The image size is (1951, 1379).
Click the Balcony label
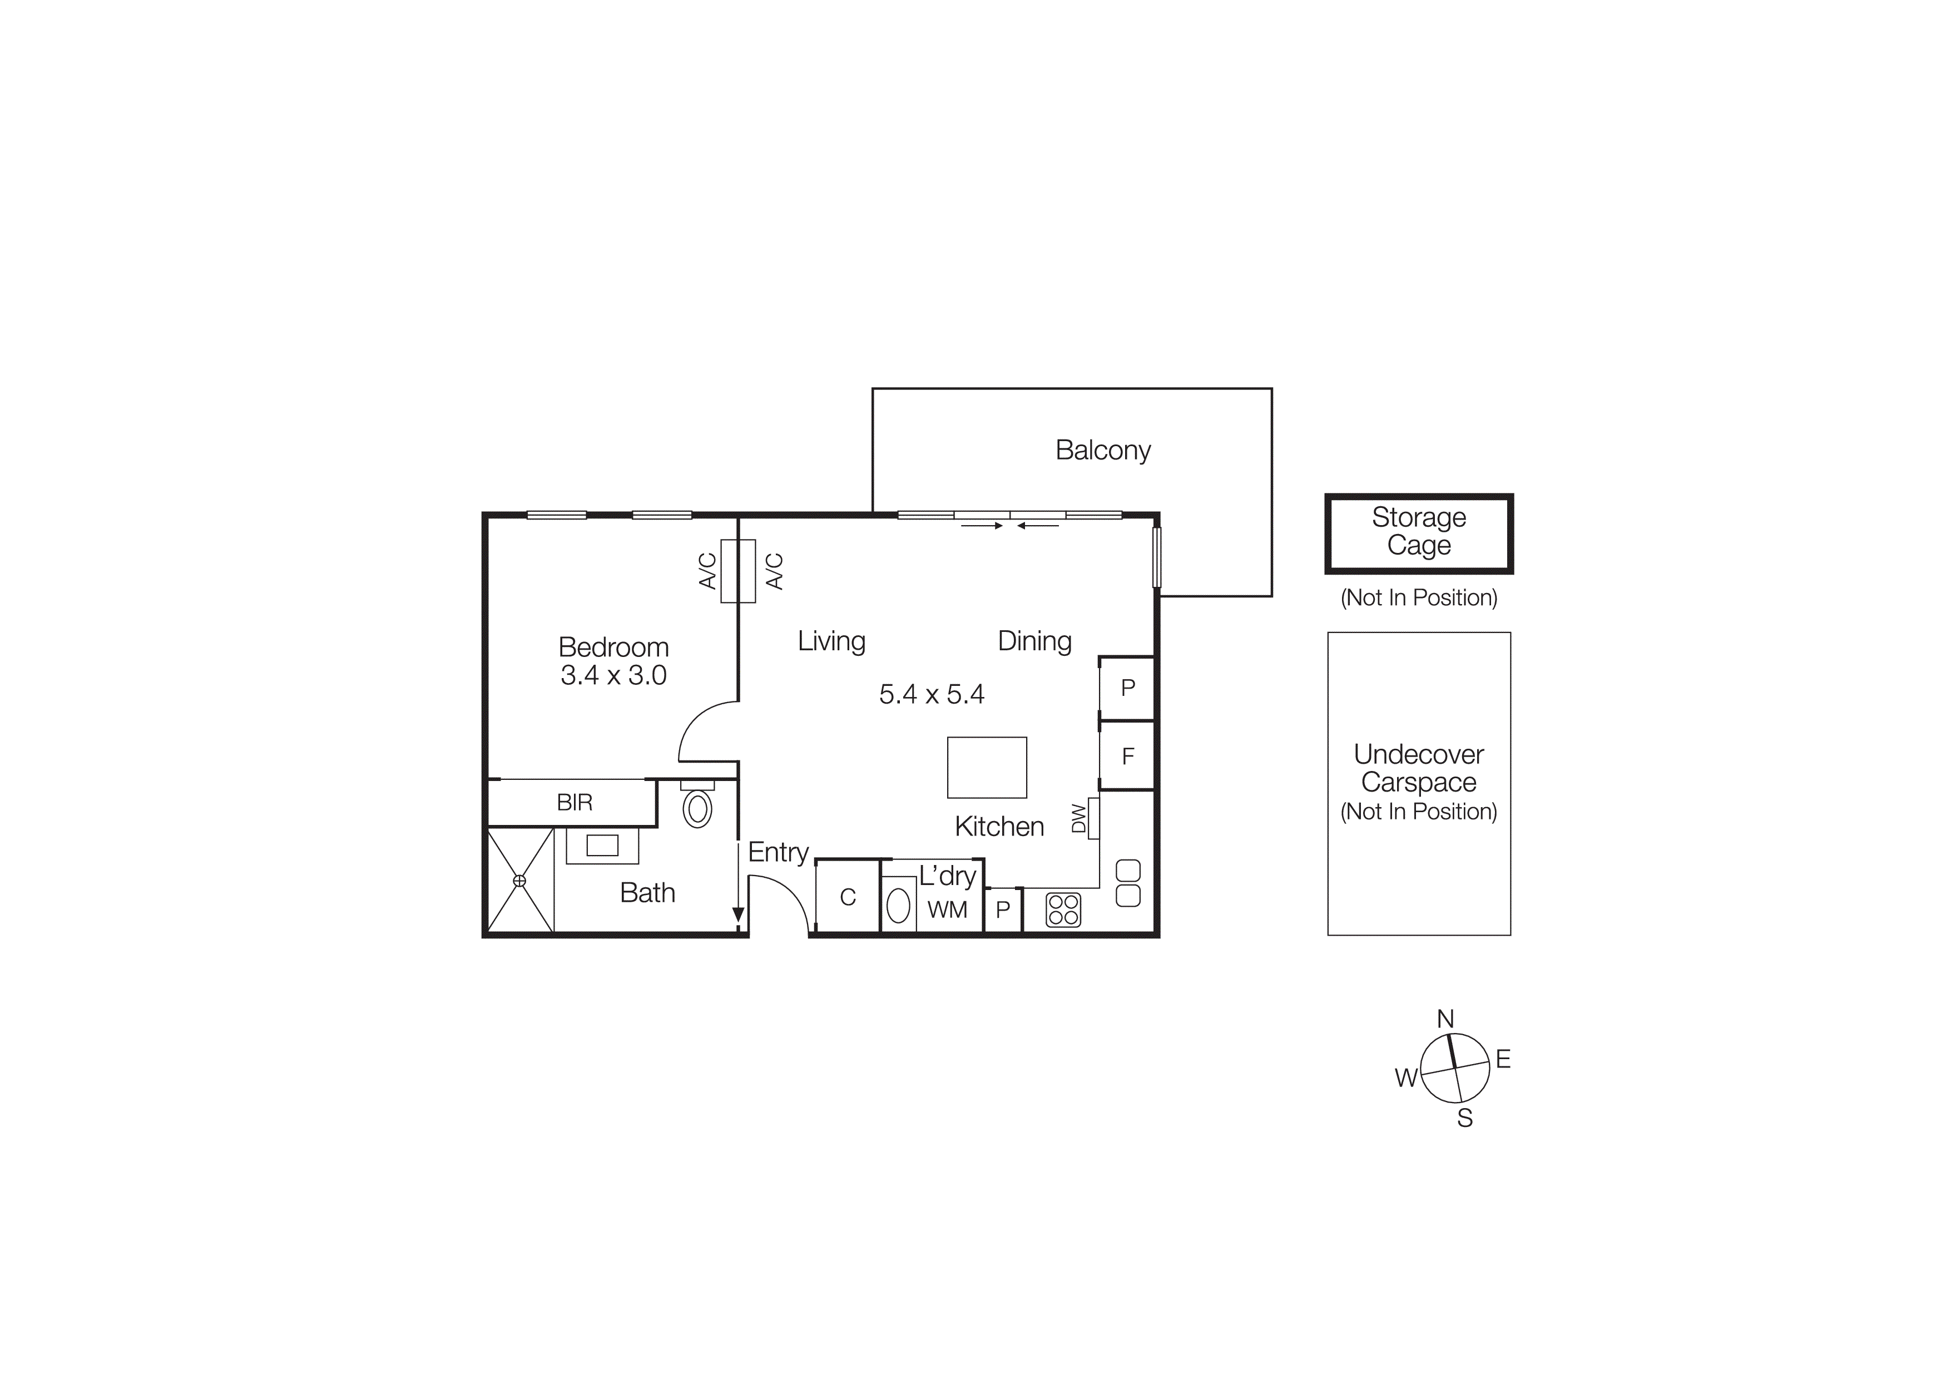1102,451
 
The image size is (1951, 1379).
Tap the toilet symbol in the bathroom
697,808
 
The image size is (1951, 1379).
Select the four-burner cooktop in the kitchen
1063,909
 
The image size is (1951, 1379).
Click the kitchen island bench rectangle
987,767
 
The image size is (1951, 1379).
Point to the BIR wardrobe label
575,803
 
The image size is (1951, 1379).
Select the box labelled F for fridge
1127,756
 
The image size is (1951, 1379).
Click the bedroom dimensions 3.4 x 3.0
613,675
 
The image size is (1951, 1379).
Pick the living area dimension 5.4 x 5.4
932,694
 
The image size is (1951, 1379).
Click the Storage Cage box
1418,533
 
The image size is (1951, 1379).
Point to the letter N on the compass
1445,1019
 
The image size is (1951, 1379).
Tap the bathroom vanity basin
602,846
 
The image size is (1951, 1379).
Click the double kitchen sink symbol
1127,883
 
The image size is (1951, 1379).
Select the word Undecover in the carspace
1418,754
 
